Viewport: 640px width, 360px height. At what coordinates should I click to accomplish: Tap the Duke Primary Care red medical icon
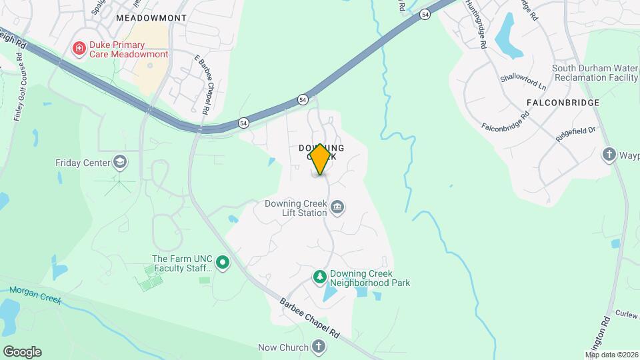[79, 49]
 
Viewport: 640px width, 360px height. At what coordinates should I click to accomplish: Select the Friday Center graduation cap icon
[120, 162]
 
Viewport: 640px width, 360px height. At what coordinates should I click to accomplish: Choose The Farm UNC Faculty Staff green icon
[223, 264]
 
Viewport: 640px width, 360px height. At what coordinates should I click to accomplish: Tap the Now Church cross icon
[319, 347]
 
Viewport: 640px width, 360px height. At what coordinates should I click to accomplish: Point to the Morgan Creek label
[35, 294]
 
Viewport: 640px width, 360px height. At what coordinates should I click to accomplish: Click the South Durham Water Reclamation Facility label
[595, 73]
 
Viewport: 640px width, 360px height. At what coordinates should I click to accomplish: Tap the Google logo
[22, 352]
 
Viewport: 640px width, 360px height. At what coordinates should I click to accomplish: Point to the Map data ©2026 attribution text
[611, 355]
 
